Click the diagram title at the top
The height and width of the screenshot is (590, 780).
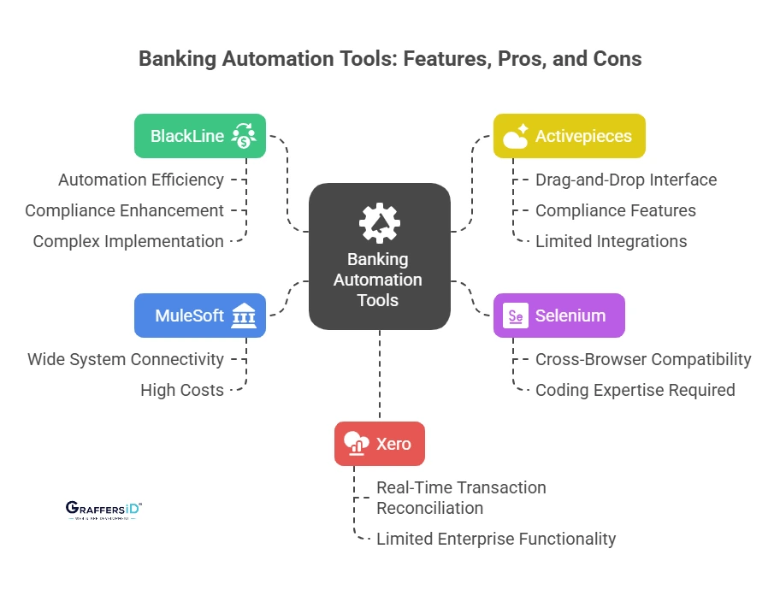390,59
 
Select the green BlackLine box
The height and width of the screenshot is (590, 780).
199,136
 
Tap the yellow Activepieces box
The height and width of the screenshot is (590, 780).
569,136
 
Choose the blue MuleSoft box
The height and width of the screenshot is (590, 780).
199,316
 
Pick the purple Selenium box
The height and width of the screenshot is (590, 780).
559,316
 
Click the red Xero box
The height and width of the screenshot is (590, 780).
379,444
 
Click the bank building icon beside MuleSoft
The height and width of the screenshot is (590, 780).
244,316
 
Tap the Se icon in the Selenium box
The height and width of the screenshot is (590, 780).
516,316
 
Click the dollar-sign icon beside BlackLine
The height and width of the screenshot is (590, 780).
244,137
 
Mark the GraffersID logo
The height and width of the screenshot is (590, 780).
103,510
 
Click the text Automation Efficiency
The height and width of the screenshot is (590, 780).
141,180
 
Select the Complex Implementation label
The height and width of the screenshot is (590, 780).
128,241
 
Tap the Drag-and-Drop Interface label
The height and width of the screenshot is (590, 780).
626,180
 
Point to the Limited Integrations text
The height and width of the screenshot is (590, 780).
611,241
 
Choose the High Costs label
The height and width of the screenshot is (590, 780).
182,390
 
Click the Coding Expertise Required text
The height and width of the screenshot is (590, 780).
635,390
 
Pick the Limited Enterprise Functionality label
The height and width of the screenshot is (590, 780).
496,539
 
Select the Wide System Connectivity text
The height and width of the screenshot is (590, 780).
126,359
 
